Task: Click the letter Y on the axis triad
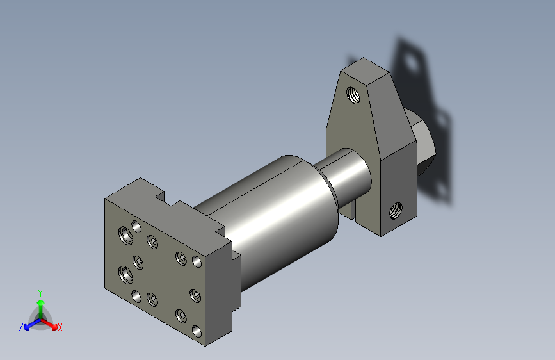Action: [40, 293]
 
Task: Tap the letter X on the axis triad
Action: [60, 327]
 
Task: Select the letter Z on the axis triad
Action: [21, 327]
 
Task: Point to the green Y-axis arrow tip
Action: [41, 302]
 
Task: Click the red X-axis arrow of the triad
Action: [49, 324]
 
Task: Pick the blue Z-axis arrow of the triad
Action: [33, 324]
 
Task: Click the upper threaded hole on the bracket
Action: [353, 95]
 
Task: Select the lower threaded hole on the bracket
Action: [396, 211]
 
